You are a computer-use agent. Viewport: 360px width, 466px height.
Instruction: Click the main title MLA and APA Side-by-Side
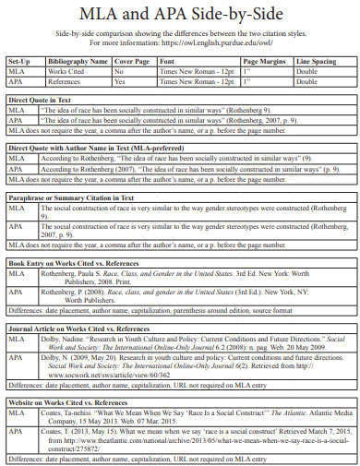point(179,15)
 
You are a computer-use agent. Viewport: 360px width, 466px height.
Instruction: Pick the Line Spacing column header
point(317,60)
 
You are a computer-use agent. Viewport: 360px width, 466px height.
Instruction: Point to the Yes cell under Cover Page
point(119,80)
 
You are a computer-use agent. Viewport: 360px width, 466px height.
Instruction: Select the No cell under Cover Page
point(118,70)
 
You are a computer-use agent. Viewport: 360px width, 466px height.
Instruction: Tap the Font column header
point(167,60)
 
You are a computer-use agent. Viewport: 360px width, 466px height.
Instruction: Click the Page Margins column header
point(261,60)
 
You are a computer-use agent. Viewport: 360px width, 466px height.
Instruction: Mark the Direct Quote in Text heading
point(43,99)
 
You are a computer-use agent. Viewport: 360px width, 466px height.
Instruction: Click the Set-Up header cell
point(19,60)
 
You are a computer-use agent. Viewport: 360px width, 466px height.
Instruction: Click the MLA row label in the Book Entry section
point(17,273)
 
